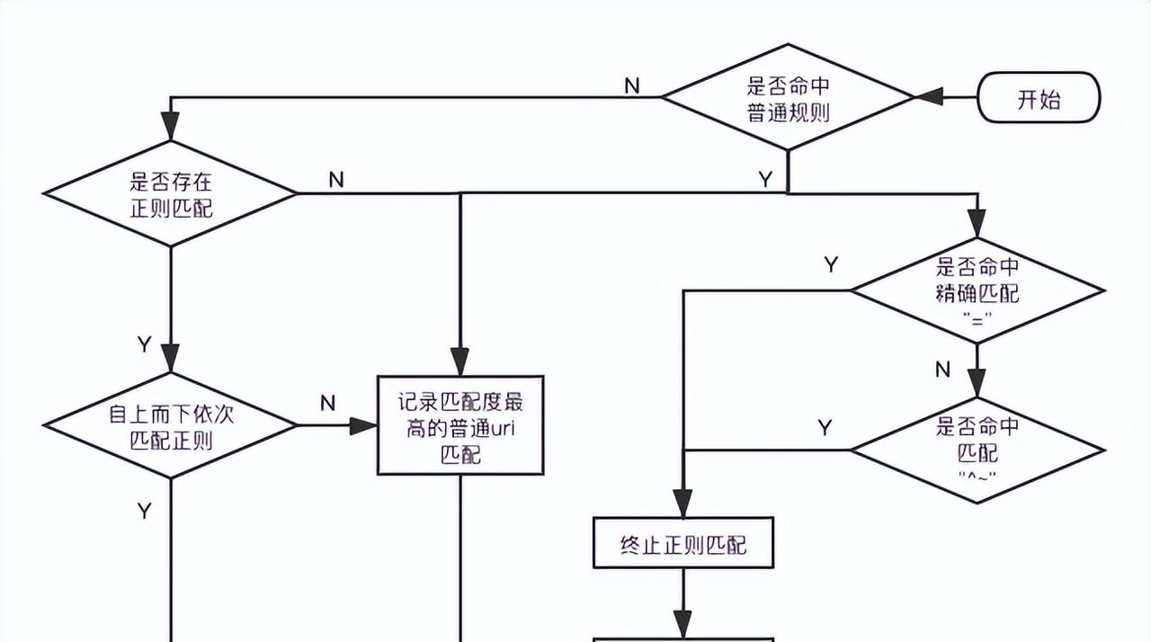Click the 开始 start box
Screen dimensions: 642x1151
point(1039,98)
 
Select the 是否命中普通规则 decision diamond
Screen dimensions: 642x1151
point(788,98)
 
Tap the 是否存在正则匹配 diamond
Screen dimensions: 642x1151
point(170,193)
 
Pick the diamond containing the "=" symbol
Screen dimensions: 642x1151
point(977,291)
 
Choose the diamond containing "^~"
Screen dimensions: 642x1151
point(977,450)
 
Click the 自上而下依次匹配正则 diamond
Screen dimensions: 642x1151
point(170,426)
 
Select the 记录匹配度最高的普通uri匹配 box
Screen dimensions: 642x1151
point(460,425)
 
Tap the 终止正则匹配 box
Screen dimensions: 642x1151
point(683,544)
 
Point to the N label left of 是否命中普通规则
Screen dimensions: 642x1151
point(632,85)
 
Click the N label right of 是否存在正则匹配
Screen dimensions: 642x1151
point(335,180)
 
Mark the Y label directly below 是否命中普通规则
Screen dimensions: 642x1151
point(765,180)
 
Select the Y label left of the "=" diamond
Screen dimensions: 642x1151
point(831,264)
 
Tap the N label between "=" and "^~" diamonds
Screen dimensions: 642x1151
point(942,369)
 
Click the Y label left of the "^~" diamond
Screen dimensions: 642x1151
point(825,428)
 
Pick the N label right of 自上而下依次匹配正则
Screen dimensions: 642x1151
point(328,404)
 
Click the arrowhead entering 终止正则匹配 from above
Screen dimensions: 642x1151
point(683,503)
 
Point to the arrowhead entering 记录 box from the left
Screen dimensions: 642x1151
point(363,426)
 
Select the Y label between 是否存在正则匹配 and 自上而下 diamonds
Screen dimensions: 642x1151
point(144,344)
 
